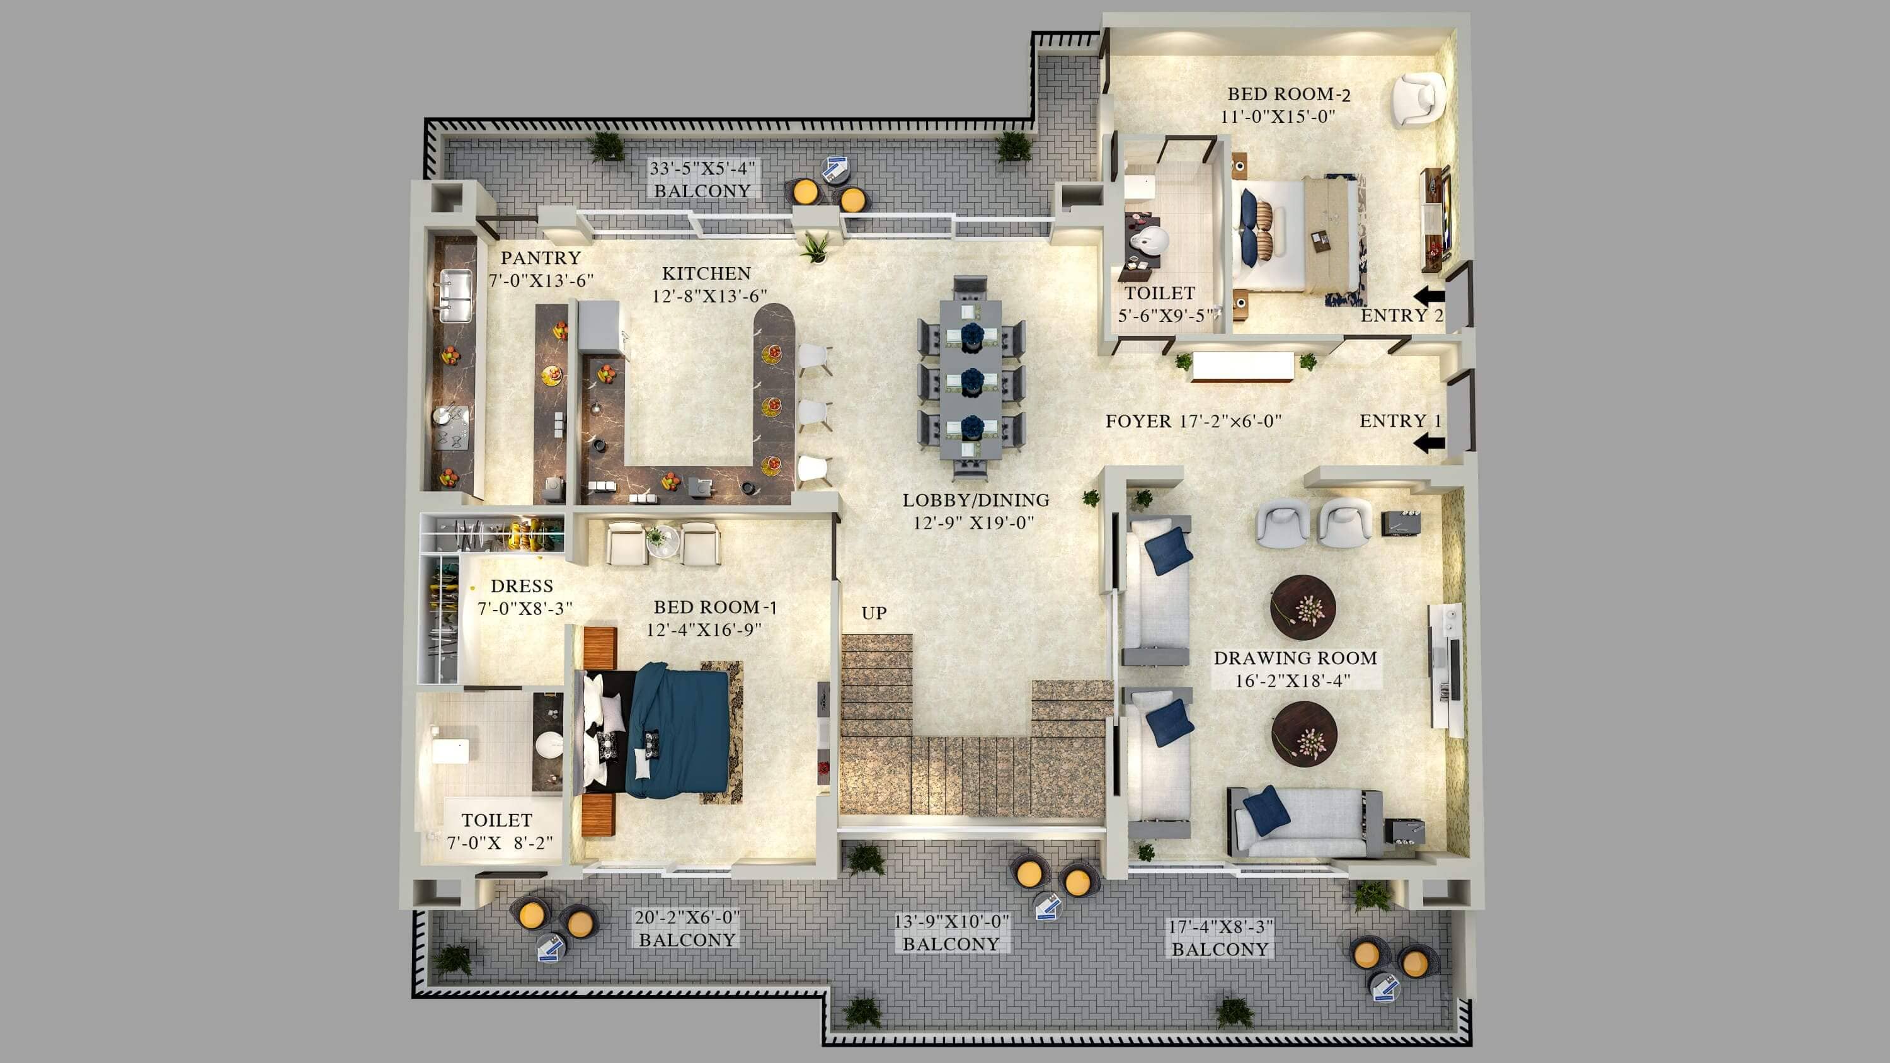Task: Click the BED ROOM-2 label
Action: point(1289,94)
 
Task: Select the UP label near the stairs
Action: point(874,612)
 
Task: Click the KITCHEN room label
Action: point(707,273)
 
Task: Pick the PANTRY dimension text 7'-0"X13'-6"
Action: point(541,280)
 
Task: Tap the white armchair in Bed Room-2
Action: point(1418,99)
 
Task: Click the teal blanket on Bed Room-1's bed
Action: point(677,730)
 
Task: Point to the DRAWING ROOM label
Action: point(1295,658)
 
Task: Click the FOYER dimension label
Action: point(1194,421)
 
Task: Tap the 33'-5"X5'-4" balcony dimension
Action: point(702,168)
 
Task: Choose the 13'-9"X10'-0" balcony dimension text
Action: point(951,921)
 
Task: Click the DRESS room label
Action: point(522,586)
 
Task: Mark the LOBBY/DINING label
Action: point(976,500)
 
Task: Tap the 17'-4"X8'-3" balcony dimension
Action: point(1220,926)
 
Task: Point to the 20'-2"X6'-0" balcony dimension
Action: point(687,917)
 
